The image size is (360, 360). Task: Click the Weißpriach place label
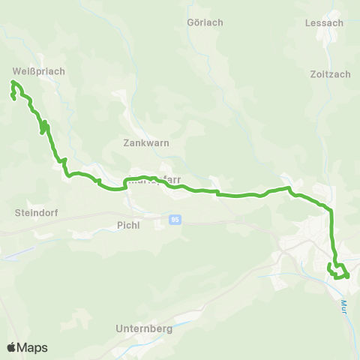pos(39,71)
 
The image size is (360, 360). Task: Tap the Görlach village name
pos(205,22)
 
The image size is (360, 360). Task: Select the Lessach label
pos(324,22)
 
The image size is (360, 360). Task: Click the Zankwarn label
pos(145,142)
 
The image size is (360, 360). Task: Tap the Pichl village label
pos(129,223)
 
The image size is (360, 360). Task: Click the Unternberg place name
pos(145,328)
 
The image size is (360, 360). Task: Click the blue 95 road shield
pos(175,219)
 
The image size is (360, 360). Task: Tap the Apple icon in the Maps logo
pos(11,347)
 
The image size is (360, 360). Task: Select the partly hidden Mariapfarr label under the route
pos(154,180)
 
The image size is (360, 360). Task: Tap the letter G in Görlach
pos(190,22)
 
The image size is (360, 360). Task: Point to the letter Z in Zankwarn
pos(125,142)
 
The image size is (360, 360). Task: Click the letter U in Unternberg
pos(120,328)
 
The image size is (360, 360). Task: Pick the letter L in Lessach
pos(308,22)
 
